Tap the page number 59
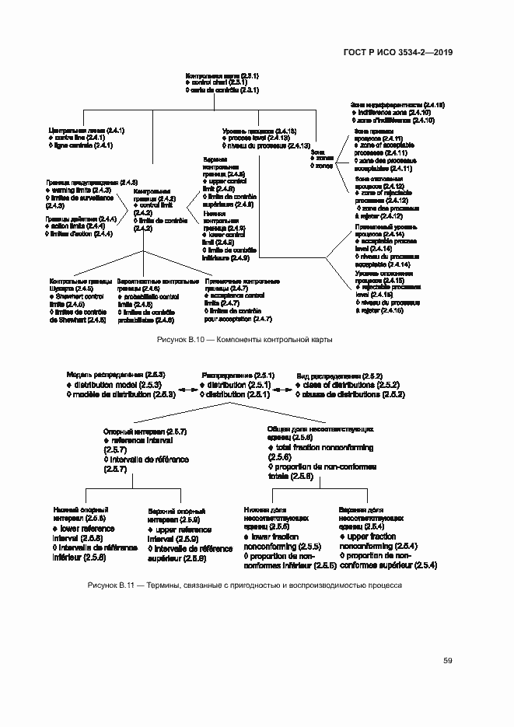[x=448, y=661]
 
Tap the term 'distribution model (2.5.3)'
[x=119, y=385]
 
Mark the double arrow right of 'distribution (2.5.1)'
[x=283, y=390]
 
